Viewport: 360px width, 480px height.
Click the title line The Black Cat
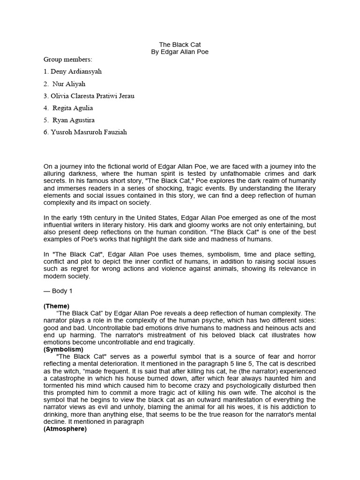pyautogui.click(x=180, y=45)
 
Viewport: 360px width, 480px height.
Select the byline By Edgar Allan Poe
pyautogui.click(x=180, y=52)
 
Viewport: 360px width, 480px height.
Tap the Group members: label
pyautogui.click(x=68, y=60)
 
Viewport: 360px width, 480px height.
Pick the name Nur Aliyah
pyautogui.click(x=69, y=84)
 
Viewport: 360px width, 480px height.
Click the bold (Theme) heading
pyautogui.click(x=57, y=306)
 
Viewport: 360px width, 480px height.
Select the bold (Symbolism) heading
pyautogui.click(x=63, y=349)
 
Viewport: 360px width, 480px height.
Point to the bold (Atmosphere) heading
pyautogui.click(x=65, y=428)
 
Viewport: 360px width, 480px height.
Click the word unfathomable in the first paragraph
pyautogui.click(x=246, y=173)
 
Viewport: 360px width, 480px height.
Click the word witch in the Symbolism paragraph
pyautogui.click(x=70, y=371)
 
